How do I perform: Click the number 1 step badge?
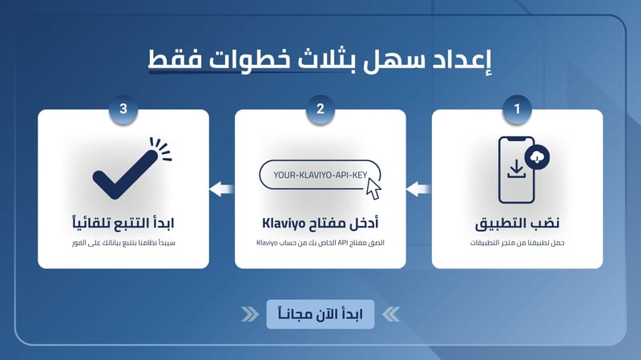coord(517,109)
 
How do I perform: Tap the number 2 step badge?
coord(320,109)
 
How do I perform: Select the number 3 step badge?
coord(123,109)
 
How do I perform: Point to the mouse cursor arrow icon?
coord(373,188)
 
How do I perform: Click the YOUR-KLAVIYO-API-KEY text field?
coord(320,175)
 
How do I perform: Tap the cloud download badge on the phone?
coord(537,157)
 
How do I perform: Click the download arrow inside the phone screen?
coord(516,169)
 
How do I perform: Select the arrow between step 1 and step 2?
coord(418,189)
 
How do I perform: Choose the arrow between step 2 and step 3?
coord(222,189)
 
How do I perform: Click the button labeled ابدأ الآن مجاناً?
coord(320,314)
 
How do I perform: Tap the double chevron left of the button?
coord(250,314)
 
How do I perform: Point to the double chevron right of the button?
coord(391,314)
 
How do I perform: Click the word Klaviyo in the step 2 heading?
coord(284,224)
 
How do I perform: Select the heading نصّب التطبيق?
coord(517,224)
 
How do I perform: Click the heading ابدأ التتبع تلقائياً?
coord(123,223)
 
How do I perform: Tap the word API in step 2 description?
coord(342,243)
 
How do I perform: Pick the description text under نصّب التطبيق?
coord(517,243)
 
